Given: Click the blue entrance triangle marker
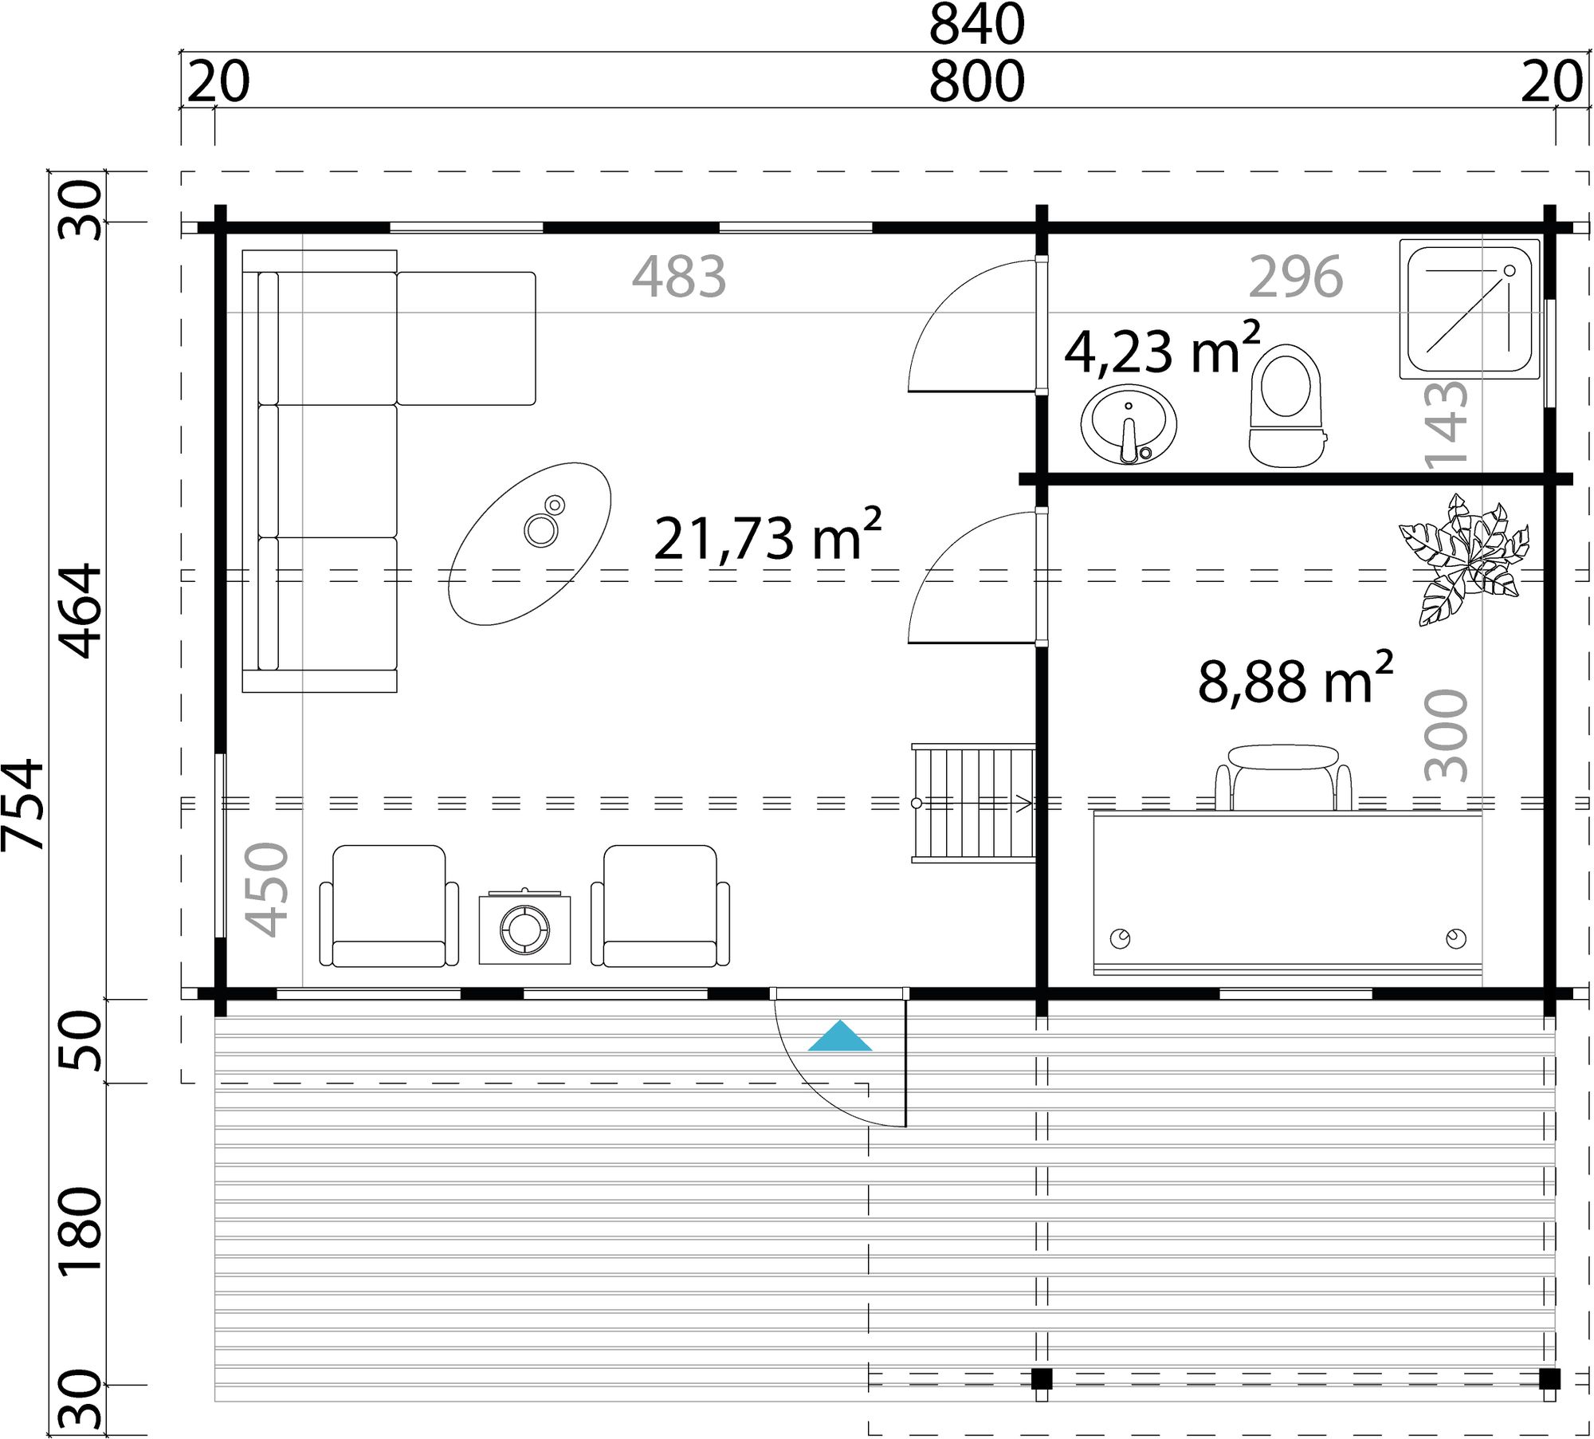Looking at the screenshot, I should (839, 1037).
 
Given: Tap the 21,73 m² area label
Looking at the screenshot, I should (767, 537).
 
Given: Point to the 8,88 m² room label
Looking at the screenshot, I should (1294, 679).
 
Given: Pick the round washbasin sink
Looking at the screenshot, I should (1128, 424).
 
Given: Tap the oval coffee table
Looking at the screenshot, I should (529, 543).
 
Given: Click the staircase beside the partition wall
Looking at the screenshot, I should (973, 803).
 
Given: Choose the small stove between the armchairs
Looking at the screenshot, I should (524, 927).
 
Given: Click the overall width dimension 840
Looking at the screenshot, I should (976, 25).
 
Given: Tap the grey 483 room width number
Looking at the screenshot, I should (678, 277).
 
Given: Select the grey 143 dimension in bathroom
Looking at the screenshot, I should (1446, 423).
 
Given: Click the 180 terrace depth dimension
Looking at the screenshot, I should (82, 1231).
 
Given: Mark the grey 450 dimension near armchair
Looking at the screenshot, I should (266, 889).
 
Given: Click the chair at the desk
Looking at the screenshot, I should (1282, 776).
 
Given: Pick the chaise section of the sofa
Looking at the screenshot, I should (466, 338).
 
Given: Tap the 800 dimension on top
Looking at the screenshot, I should (976, 81).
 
